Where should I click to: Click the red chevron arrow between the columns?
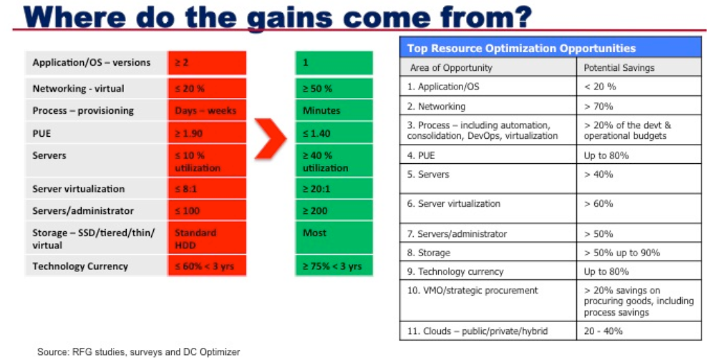(270, 139)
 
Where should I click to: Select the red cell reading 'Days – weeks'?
(207, 110)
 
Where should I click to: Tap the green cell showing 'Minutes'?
(334, 110)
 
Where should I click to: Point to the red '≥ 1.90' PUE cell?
(207, 133)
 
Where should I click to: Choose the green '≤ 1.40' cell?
(334, 133)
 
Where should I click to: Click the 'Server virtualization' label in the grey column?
(79, 189)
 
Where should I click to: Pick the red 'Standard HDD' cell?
(207, 238)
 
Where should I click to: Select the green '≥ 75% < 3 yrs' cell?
(334, 266)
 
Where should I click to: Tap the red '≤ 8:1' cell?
(207, 188)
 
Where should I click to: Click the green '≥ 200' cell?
(334, 210)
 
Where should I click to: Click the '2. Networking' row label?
(436, 107)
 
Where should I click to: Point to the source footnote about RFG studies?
(139, 351)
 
